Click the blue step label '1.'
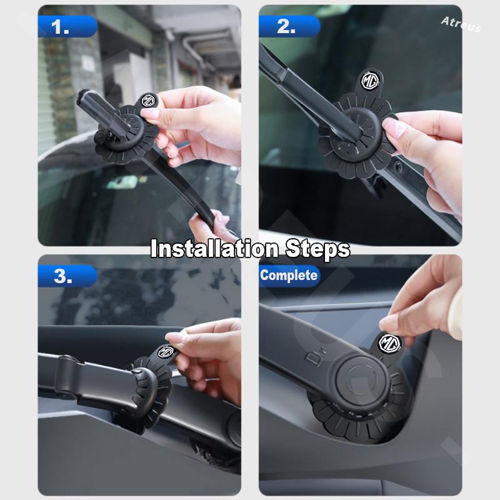tap(67, 26)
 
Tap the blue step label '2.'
tap(289, 26)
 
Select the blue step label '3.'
tap(67, 276)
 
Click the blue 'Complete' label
tap(289, 276)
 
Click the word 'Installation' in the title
tap(214, 249)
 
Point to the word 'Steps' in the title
tap(317, 249)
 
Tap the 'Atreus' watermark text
tap(461, 24)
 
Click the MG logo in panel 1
tap(148, 101)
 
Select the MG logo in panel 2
tap(370, 81)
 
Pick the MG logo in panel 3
tap(166, 352)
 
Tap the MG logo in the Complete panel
tap(389, 343)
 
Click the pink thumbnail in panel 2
tap(393, 127)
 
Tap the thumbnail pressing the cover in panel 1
tap(150, 113)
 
